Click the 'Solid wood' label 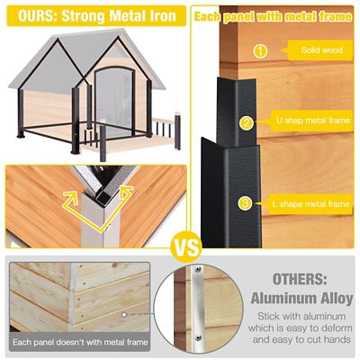319,50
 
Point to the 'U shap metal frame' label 310,121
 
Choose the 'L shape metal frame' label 310,204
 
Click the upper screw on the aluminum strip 197,270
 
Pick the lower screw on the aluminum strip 197,337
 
